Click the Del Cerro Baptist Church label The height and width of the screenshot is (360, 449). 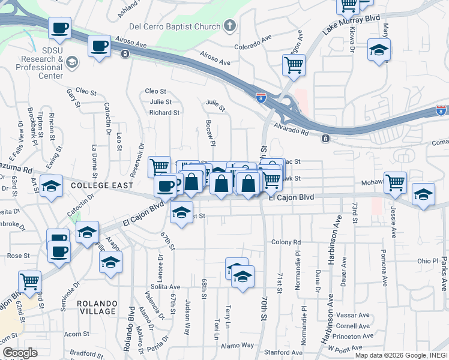175,26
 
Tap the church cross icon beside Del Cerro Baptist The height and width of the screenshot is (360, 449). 229,26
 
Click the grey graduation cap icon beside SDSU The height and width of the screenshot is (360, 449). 72,62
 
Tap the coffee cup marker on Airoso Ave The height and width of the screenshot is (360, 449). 99,46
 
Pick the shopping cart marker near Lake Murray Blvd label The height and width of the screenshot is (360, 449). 348,5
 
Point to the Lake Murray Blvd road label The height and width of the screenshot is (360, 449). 351,28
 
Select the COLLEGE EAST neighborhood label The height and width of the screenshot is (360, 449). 101,185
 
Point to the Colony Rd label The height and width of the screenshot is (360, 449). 285,242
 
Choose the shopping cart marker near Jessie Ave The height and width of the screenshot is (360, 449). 395,182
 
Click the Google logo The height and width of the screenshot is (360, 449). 20,353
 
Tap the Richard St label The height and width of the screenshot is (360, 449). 164,112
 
